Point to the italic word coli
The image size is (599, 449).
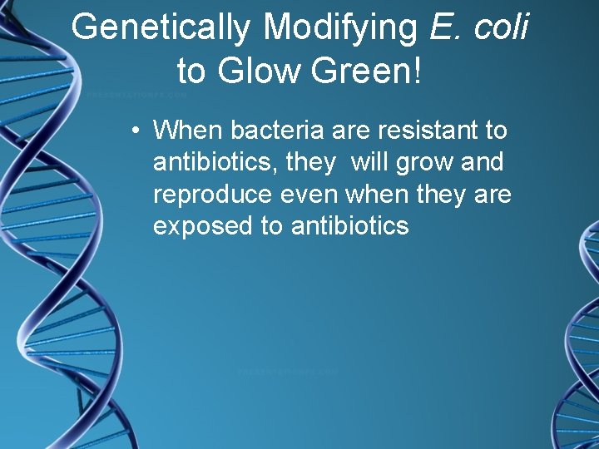coord(501,27)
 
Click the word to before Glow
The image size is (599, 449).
coord(191,72)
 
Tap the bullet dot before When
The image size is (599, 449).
coord(134,131)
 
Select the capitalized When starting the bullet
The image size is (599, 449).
coord(189,130)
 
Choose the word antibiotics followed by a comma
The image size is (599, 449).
coord(215,161)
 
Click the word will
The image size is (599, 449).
coord(374,161)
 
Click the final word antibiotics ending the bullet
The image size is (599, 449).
coord(350,225)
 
